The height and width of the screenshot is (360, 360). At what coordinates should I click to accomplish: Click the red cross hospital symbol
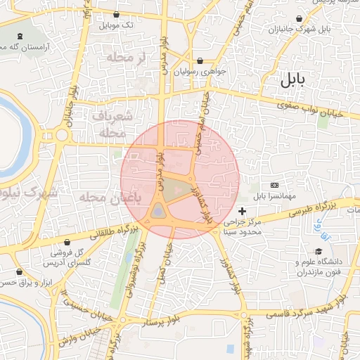(x=242, y=211)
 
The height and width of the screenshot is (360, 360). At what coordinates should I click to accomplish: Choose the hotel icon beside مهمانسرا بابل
(x=274, y=184)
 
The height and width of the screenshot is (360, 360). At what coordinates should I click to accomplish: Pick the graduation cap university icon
(x=319, y=251)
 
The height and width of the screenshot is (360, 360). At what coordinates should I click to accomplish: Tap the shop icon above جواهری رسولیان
(x=202, y=60)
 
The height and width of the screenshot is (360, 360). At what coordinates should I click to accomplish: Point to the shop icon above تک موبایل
(x=117, y=15)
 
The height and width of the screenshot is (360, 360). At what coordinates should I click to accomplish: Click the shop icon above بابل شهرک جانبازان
(x=300, y=19)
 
